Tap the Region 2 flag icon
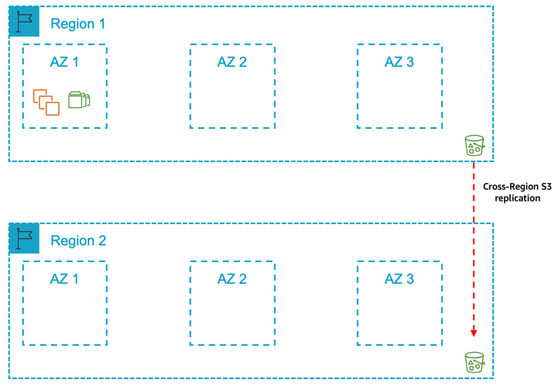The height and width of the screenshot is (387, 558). (24, 238)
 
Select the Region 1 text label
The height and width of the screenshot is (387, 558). (77, 24)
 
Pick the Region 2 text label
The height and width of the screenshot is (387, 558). (77, 240)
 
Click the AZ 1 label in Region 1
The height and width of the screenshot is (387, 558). (64, 62)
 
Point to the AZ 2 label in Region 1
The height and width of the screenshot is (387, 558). (232, 62)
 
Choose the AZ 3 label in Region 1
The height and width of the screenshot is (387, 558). (399, 62)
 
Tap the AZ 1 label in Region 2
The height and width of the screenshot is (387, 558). (64, 279)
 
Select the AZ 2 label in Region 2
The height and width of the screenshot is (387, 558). (232, 279)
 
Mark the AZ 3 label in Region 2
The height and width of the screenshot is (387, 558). (399, 279)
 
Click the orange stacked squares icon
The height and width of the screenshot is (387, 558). (46, 102)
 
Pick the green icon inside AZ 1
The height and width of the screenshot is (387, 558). (79, 99)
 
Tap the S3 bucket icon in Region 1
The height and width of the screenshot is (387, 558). (474, 145)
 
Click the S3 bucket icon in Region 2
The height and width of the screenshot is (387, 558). (474, 361)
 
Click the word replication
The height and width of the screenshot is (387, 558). (517, 199)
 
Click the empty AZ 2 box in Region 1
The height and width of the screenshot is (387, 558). (232, 97)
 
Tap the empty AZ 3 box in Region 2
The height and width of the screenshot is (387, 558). (399, 314)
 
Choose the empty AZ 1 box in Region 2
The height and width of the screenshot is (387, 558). (64, 314)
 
